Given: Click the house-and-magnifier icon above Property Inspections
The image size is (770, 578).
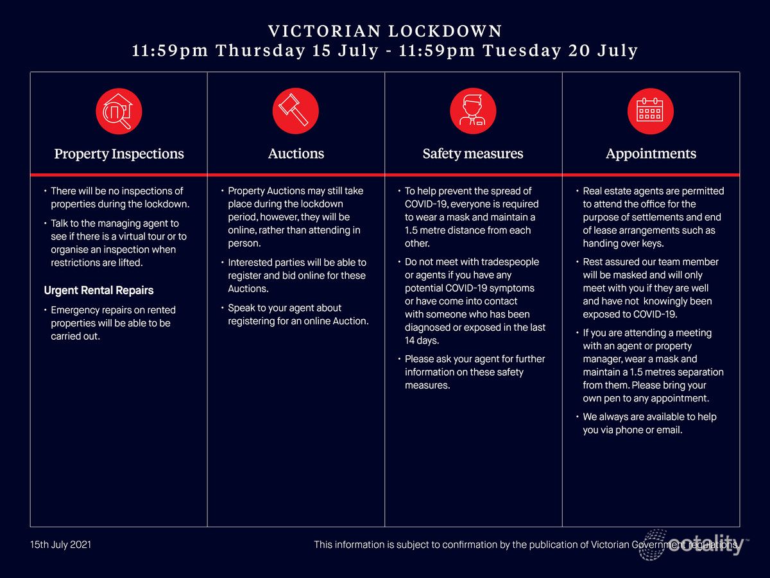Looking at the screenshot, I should point(119,111).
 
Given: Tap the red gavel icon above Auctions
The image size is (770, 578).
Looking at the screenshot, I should point(296,111).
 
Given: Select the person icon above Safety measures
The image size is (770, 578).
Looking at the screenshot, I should point(473,111).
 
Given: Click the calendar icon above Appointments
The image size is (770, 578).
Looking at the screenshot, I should point(651,111).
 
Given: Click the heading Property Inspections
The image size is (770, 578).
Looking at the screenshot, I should point(119,154).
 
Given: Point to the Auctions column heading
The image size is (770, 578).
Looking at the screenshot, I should point(296,154).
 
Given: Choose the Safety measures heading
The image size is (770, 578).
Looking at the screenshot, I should point(473,154).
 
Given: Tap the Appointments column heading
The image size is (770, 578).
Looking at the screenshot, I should point(651,154).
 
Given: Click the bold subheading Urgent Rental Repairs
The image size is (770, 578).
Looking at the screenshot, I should point(99,290).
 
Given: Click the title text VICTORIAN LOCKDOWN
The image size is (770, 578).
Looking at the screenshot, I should point(385,31).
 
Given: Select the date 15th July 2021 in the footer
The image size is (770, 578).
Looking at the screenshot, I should point(61,545).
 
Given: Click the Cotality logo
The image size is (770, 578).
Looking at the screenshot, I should point(690,545).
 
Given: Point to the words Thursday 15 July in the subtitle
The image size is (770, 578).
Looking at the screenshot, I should point(297,51).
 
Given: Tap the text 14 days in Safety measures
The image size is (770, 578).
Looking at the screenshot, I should point(422,340).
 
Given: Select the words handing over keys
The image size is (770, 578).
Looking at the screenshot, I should point(623,243).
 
